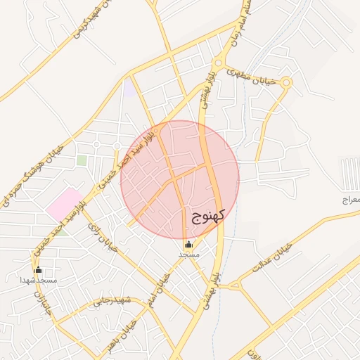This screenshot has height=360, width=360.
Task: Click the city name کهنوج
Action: point(207,214)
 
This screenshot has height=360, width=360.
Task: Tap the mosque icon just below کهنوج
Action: point(188,244)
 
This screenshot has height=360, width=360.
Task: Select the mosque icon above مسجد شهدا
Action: point(38,269)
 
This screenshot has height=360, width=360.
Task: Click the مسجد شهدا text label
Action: point(38,280)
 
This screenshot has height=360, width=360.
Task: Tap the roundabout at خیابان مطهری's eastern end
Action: point(286,83)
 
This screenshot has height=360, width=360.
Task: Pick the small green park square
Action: point(82,160)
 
